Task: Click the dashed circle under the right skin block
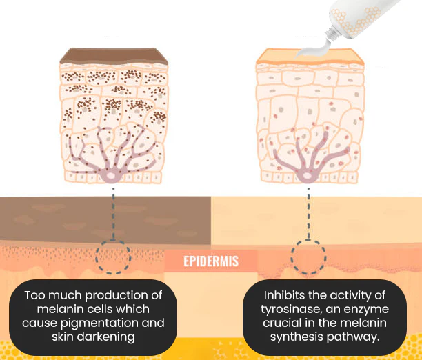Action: (x=308, y=256)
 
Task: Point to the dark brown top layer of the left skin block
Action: (x=113, y=57)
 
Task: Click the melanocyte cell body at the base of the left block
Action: (x=111, y=177)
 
